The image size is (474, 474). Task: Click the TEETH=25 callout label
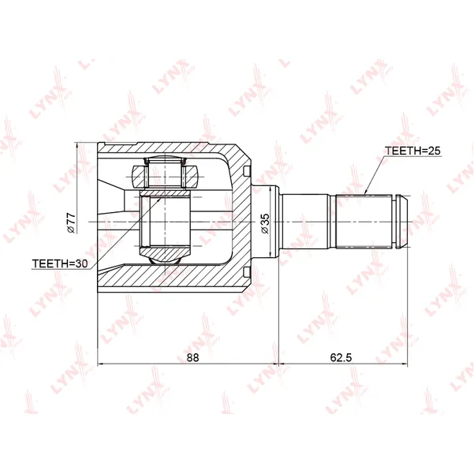[x=412, y=151]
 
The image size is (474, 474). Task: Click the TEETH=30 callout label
[x=60, y=263]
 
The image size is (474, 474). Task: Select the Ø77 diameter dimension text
[x=71, y=222]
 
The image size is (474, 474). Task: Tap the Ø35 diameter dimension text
[x=264, y=223]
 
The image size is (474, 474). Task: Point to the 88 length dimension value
[x=192, y=357]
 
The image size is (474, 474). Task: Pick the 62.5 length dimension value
[x=341, y=357]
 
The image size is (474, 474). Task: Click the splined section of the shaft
[x=364, y=222]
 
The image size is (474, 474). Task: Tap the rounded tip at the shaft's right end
[x=402, y=222]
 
